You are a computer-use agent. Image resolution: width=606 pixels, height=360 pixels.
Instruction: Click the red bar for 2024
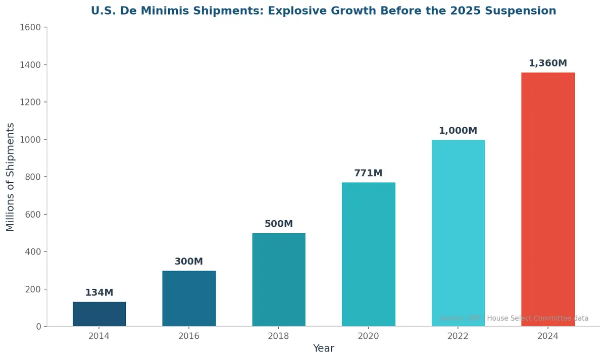pos(548,199)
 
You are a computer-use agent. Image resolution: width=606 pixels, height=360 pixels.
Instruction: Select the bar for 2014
pos(99,314)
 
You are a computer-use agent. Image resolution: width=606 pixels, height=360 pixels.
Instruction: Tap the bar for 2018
pos(279,280)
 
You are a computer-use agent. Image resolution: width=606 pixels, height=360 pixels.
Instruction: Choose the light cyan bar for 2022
pos(458,233)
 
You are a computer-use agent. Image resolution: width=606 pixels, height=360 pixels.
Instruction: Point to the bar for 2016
pos(189,298)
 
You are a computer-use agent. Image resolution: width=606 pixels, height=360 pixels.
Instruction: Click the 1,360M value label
pos(548,64)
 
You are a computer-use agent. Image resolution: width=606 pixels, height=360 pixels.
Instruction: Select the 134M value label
pos(99,293)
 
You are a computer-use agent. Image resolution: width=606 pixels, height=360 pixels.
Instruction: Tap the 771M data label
pos(368,173)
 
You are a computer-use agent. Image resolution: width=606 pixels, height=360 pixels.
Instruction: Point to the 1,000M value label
pos(458,131)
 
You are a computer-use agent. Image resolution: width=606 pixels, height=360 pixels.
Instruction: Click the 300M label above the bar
pos(189,262)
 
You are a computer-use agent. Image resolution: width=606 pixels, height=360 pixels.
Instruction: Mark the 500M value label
pos(279,224)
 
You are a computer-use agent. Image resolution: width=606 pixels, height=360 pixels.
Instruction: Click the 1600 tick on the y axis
pos(30,28)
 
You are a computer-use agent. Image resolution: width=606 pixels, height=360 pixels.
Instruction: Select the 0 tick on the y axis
pos(38,327)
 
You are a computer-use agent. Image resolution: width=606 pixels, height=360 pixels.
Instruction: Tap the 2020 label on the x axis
pos(368,336)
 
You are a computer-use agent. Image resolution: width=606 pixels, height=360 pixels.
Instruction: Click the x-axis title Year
pos(323,348)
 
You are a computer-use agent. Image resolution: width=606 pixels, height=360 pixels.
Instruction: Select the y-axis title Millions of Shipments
pos(11,177)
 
